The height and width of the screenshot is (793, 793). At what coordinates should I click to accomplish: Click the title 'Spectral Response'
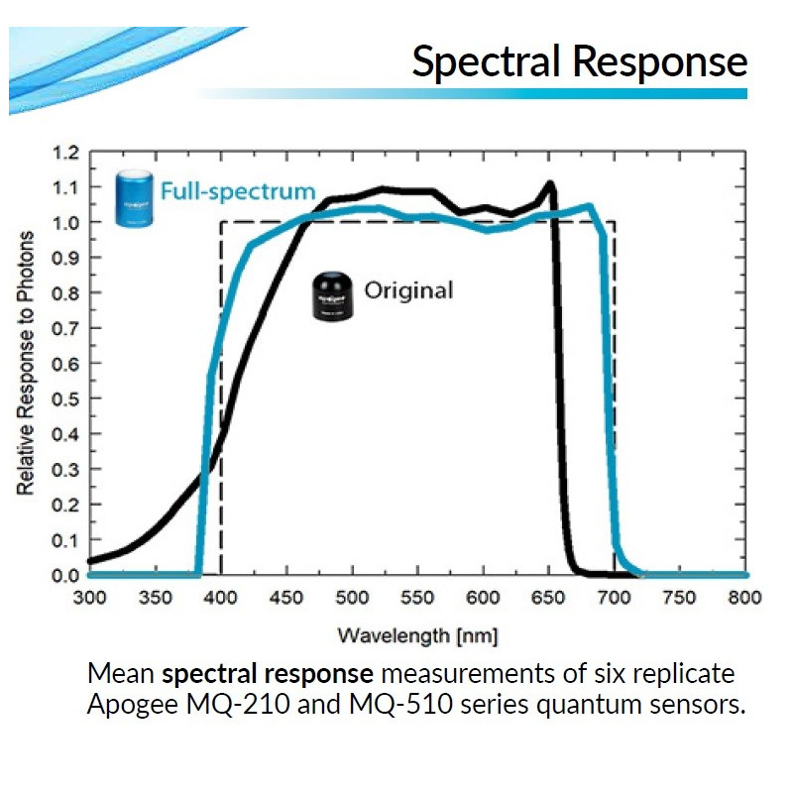[x=579, y=61]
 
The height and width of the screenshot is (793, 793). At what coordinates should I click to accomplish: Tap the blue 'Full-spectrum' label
[x=238, y=191]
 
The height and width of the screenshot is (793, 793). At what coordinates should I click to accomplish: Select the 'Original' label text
[x=408, y=290]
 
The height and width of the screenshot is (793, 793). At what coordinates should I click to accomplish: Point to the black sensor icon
[x=331, y=295]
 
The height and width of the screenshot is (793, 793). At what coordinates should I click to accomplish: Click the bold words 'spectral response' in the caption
[x=268, y=674]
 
